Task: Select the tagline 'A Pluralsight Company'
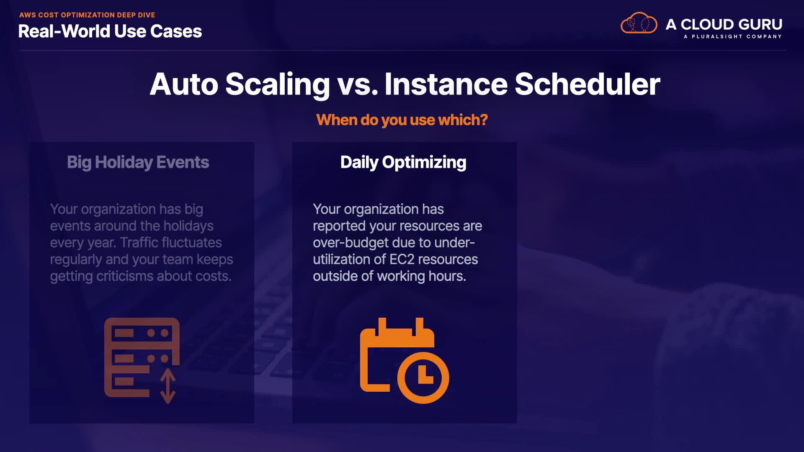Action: (x=733, y=36)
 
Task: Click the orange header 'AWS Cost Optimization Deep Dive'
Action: (x=87, y=15)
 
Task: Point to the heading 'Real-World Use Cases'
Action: (x=110, y=31)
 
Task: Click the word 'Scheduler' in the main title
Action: (x=587, y=84)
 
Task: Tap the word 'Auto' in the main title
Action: (x=184, y=84)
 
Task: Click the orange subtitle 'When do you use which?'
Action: (x=402, y=120)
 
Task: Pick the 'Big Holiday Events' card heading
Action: (x=138, y=162)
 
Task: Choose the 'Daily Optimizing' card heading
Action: (x=403, y=162)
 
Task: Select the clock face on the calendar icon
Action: (x=423, y=378)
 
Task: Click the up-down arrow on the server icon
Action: (x=168, y=386)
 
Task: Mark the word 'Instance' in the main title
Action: (x=446, y=84)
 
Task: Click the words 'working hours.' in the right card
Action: (x=421, y=277)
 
